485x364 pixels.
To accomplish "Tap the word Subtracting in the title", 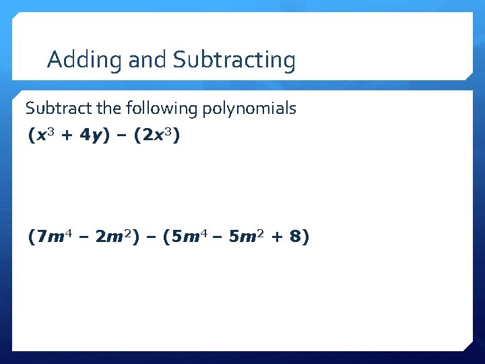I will click(234, 60).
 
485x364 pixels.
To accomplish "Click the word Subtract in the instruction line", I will click(53, 108).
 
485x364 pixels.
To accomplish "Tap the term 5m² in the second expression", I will click(249, 237).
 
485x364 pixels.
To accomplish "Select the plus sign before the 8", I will click(277, 237).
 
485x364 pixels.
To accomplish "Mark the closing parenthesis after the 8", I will click(306, 237).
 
